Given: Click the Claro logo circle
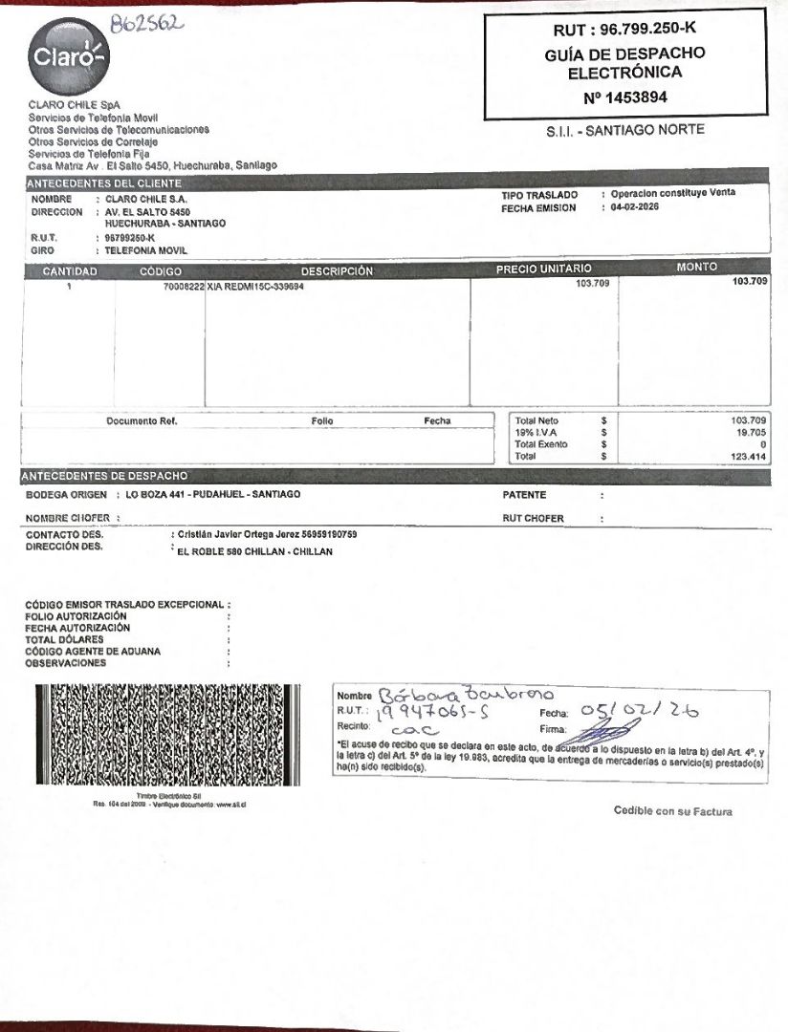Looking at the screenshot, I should [x=68, y=57].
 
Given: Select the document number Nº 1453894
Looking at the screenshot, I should [x=624, y=97].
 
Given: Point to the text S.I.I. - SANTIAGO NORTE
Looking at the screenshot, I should [x=624, y=130].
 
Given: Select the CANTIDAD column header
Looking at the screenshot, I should [x=70, y=271].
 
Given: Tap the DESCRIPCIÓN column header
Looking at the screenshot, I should [x=337, y=271].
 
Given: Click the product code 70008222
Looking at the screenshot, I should [x=184, y=286].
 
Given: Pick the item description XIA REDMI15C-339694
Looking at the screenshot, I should [x=255, y=286].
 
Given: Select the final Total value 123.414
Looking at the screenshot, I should [x=749, y=457].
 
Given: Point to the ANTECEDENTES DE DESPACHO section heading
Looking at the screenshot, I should [x=105, y=476].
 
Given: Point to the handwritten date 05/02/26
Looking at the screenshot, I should [x=639, y=710].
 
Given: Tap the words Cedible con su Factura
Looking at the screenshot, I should [x=672, y=811].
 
